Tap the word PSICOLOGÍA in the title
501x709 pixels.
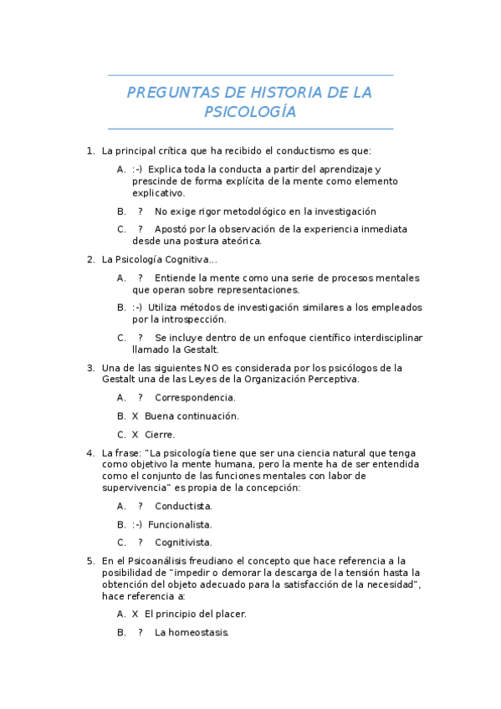[250, 112]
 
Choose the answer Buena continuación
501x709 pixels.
[192, 416]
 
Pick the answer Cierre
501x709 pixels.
[160, 434]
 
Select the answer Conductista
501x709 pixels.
[183, 506]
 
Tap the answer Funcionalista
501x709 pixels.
[180, 524]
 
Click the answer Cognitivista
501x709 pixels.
[183, 542]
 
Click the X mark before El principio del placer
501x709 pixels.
[135, 614]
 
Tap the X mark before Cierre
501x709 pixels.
[135, 434]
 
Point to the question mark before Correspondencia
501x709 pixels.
[141, 397]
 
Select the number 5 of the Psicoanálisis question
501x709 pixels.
[89, 560]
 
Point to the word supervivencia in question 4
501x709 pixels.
[135, 487]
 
